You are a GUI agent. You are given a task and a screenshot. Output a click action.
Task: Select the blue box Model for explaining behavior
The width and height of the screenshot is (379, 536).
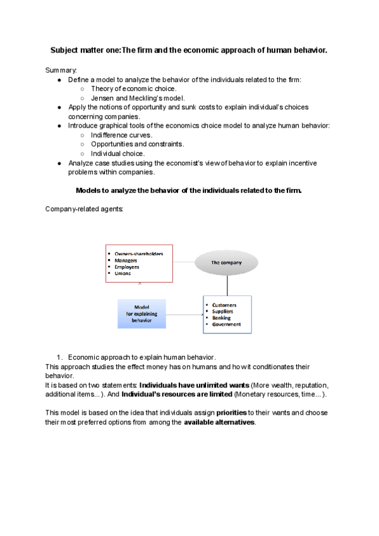[141, 314]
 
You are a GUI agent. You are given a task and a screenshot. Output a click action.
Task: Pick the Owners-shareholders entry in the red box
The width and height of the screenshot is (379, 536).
[138, 253]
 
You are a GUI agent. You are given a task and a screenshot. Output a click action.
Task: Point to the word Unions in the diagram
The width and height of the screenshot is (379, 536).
[124, 273]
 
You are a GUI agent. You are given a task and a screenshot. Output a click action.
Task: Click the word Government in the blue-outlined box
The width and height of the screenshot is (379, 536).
[227, 324]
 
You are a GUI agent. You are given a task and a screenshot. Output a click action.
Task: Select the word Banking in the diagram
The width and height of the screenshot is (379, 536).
[222, 317]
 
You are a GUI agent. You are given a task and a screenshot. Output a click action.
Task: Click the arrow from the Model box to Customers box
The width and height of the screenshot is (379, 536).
[184, 314]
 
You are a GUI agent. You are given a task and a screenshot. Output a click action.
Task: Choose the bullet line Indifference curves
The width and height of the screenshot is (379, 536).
[121, 135]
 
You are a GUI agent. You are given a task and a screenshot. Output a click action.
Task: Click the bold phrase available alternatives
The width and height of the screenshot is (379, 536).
[219, 422]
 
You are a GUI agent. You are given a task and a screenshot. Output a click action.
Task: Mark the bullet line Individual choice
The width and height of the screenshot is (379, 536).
[117, 153]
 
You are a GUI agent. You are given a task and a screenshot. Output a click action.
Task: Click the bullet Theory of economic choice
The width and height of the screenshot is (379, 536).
[133, 88]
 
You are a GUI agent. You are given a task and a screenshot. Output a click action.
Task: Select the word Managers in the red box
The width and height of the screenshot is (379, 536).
[126, 260]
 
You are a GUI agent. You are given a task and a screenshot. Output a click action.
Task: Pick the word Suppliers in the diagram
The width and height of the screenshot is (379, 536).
[222, 311]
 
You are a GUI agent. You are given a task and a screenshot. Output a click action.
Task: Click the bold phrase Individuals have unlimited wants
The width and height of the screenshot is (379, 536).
[194, 385]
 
